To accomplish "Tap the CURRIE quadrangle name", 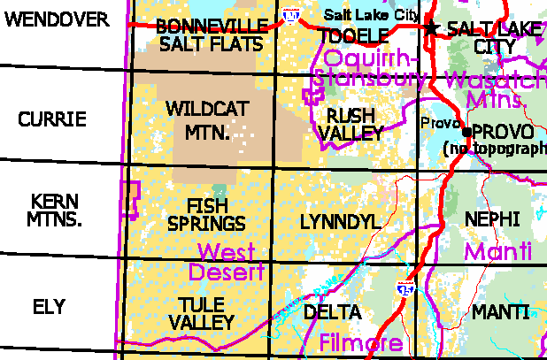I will [52, 119].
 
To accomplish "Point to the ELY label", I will [49, 307].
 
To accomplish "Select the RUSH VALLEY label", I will [354, 125].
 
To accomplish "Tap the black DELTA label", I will [332, 312].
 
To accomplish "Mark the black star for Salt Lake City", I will [432, 28].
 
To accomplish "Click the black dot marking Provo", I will [466, 132].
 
